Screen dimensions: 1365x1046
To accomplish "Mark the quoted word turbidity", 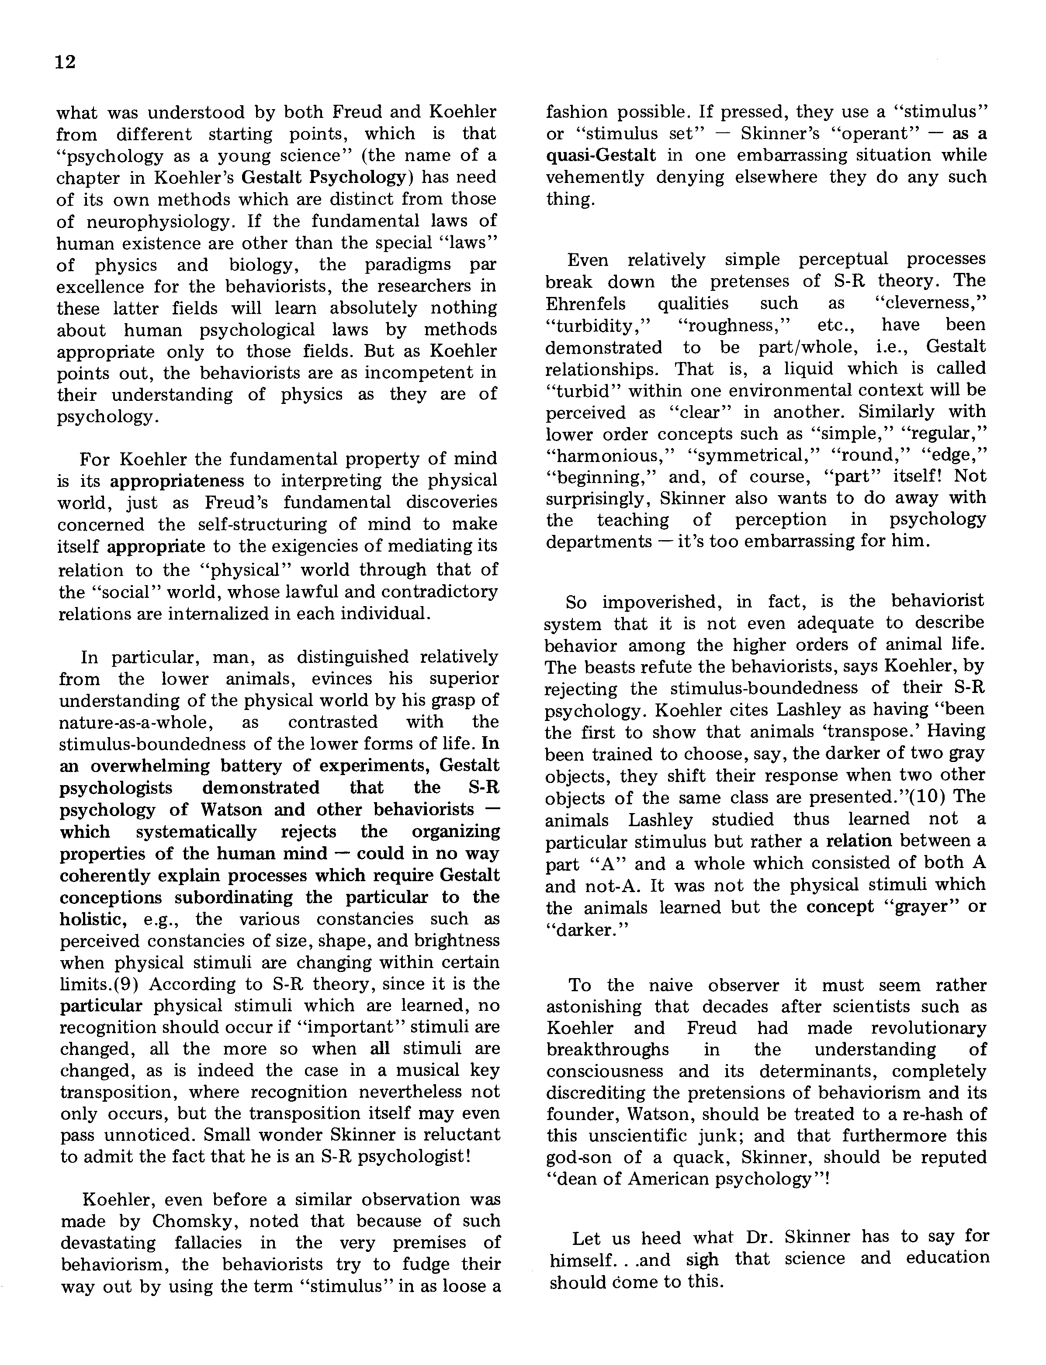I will (x=598, y=325).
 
